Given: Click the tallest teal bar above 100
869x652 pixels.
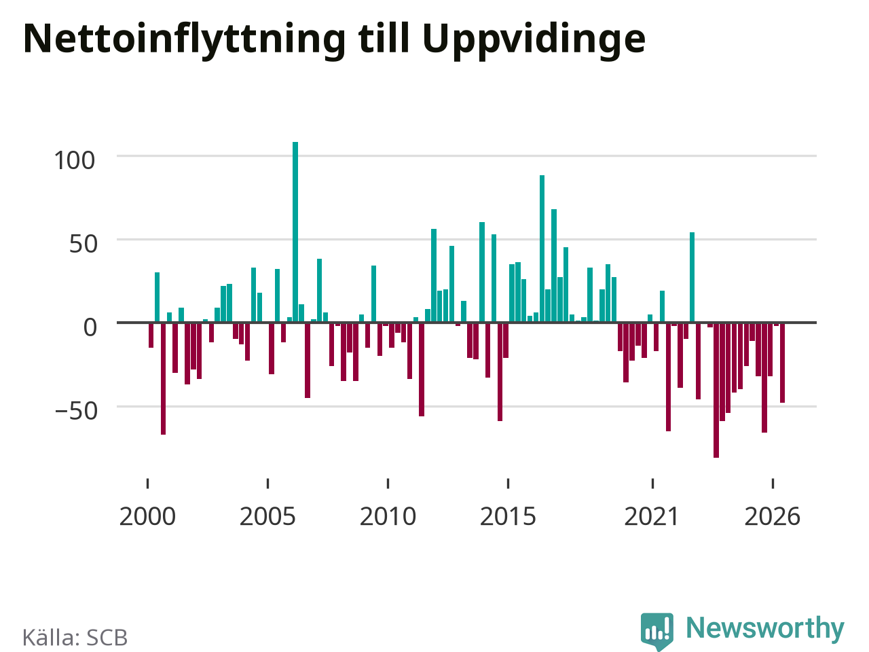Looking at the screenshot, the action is (x=295, y=232).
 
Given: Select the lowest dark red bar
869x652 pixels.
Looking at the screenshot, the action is (x=716, y=391).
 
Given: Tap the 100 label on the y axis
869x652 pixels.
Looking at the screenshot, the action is (x=75, y=161).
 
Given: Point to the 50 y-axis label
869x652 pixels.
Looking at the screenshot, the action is (x=83, y=244).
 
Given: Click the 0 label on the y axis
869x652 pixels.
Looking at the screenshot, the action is (x=90, y=328).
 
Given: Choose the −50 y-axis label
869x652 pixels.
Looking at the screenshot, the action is (x=76, y=411).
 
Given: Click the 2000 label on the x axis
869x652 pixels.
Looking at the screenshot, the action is (x=147, y=517).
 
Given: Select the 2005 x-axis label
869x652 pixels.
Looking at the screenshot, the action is (x=267, y=517).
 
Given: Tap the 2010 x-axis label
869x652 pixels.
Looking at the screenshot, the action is (x=388, y=517).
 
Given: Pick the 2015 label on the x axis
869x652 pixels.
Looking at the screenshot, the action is (x=508, y=517).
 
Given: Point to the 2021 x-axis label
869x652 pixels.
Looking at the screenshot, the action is (x=652, y=517).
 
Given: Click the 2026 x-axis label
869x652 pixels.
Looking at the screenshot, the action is (x=773, y=517).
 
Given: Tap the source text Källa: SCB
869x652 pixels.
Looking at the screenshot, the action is (x=75, y=637).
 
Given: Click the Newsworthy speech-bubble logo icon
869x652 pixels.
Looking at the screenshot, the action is (x=657, y=631).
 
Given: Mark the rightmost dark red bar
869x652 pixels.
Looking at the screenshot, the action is (x=782, y=363).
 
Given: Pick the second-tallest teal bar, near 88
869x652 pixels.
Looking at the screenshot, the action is (x=542, y=249).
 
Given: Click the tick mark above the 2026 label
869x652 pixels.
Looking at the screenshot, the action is (x=773, y=484).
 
